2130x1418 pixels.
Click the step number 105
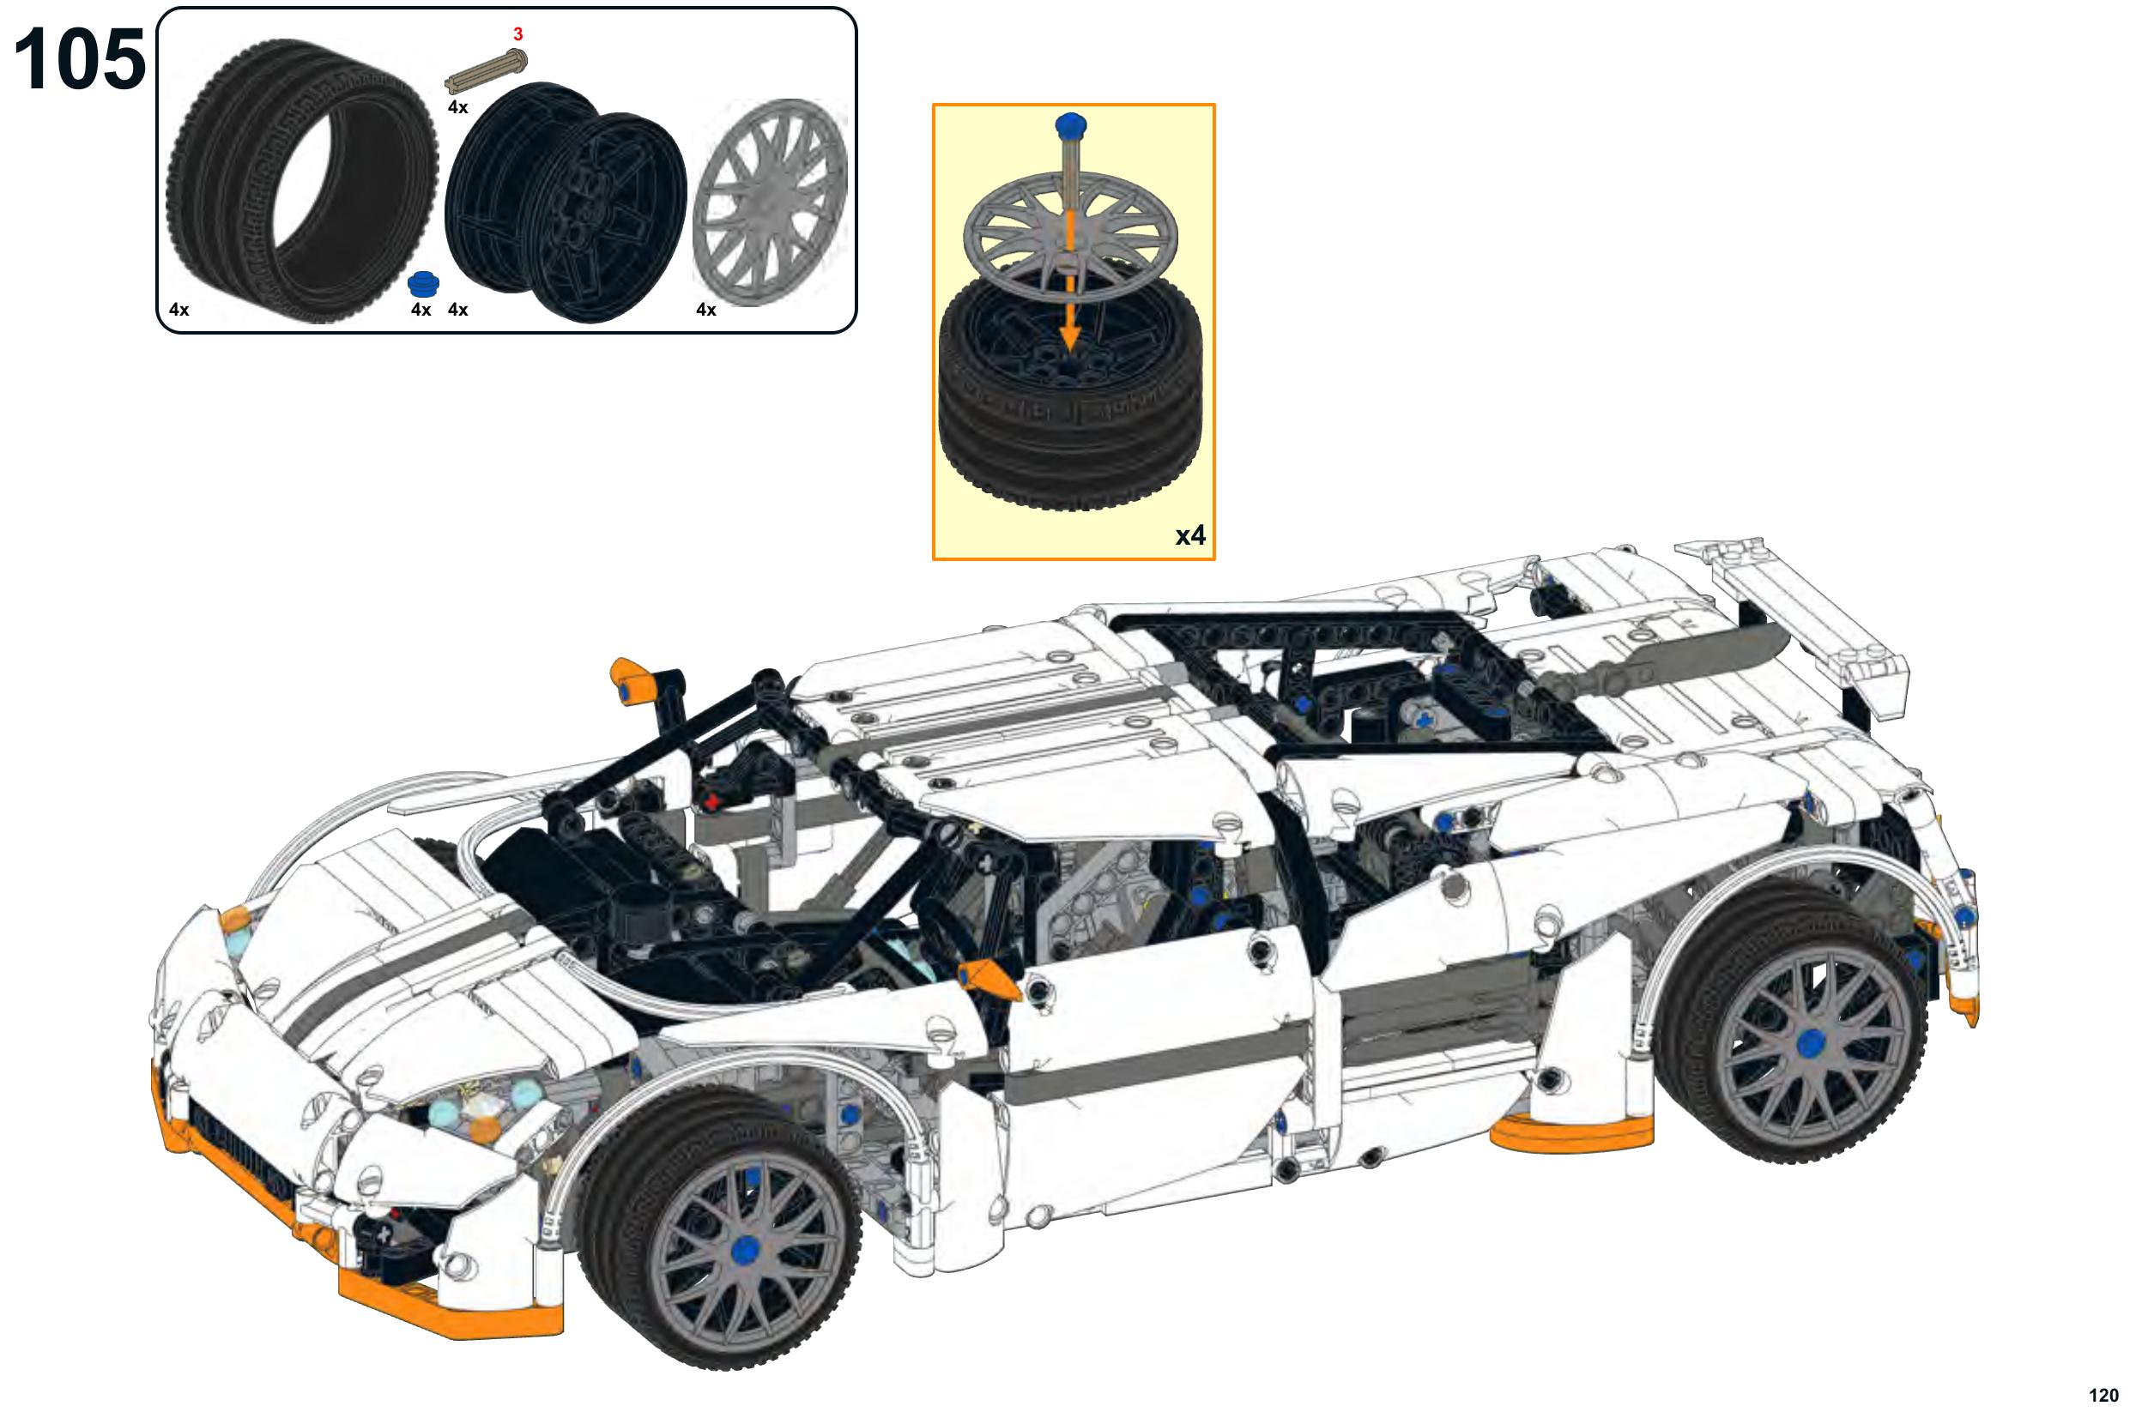click(x=80, y=60)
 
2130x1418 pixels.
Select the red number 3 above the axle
click(x=518, y=35)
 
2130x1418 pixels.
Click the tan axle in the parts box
click(x=487, y=70)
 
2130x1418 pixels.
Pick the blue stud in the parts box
click(x=423, y=284)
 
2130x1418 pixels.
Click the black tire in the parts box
click(x=302, y=181)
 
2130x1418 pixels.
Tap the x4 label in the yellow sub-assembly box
click(x=1190, y=536)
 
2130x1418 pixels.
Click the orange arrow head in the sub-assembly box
click(x=1071, y=336)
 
